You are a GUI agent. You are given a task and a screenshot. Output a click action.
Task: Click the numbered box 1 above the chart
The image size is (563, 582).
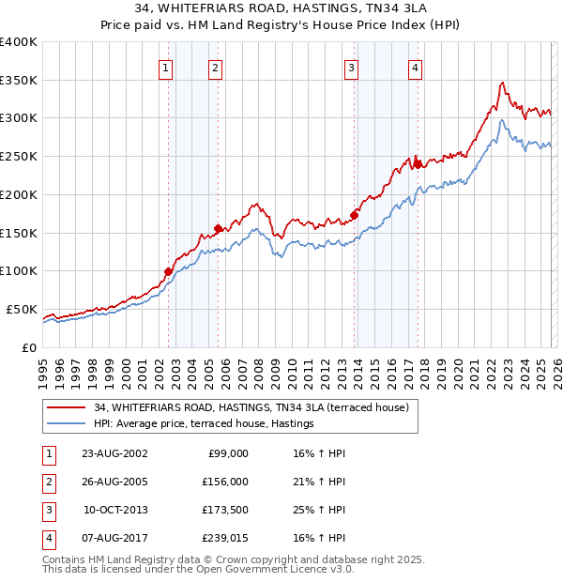pos(165,67)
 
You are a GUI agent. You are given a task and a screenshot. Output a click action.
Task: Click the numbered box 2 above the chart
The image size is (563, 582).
pos(215,67)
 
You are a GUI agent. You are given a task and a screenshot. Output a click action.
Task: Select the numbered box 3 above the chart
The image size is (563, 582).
pos(351,67)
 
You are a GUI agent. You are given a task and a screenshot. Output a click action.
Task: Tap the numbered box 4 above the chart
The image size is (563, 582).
pos(414,67)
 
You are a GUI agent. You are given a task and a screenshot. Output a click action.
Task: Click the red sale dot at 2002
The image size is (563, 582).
pos(169,271)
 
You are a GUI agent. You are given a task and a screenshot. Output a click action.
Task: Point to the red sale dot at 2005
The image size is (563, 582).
pos(218,228)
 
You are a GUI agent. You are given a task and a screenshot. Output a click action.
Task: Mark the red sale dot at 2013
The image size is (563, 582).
pos(354,215)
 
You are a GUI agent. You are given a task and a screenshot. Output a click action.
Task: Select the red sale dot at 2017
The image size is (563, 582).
pos(417,164)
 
